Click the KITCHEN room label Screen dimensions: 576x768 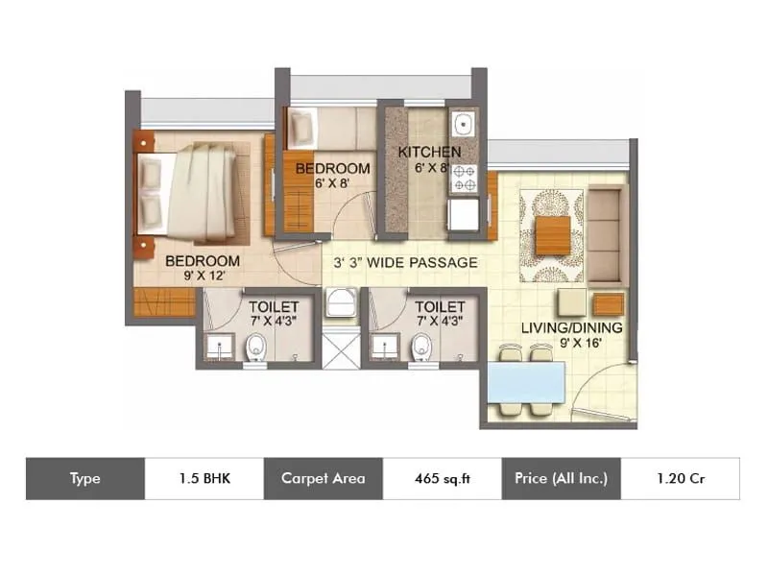(x=429, y=152)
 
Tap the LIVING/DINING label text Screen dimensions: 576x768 (x=572, y=328)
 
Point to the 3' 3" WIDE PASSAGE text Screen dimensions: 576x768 (x=405, y=262)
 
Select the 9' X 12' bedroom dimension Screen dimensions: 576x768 (x=202, y=276)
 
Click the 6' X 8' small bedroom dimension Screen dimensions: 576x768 (x=332, y=183)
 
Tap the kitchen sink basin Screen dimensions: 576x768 (x=463, y=125)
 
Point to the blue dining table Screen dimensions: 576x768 (x=525, y=381)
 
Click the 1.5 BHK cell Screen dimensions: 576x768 (x=204, y=478)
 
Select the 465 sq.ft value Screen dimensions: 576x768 (x=442, y=478)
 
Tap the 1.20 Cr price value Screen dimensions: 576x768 (x=680, y=478)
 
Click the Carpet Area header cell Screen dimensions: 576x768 (x=323, y=478)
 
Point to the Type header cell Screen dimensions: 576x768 (x=84, y=478)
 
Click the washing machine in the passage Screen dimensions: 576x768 (x=341, y=304)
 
